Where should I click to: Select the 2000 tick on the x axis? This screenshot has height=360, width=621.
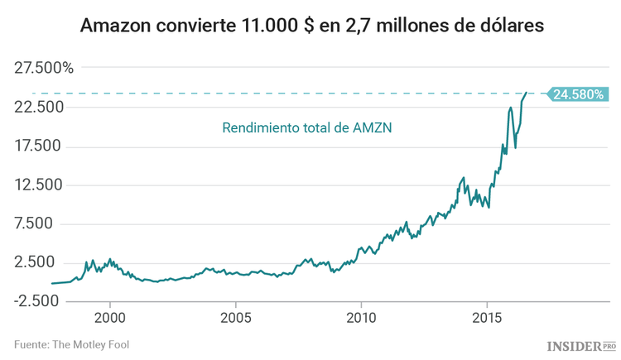pyautogui.click(x=110, y=318)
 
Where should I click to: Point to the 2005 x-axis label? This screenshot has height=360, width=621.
pyautogui.click(x=236, y=318)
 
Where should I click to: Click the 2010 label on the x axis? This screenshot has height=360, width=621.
pyautogui.click(x=361, y=318)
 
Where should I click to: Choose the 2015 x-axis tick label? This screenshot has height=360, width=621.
pyautogui.click(x=487, y=318)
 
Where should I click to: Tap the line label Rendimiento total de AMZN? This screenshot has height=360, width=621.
pyautogui.click(x=306, y=128)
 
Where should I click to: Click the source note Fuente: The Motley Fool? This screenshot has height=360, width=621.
pyautogui.click(x=71, y=344)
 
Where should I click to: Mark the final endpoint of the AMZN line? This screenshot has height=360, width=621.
pyautogui.click(x=527, y=93)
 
